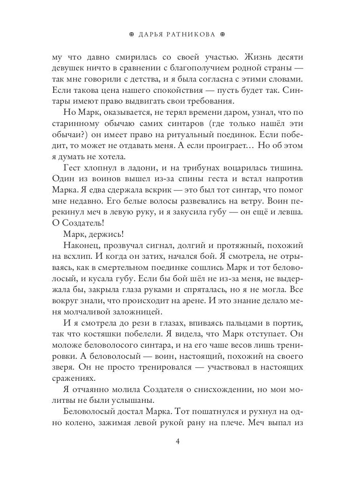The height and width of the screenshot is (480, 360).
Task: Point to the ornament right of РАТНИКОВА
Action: [x=223, y=35]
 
